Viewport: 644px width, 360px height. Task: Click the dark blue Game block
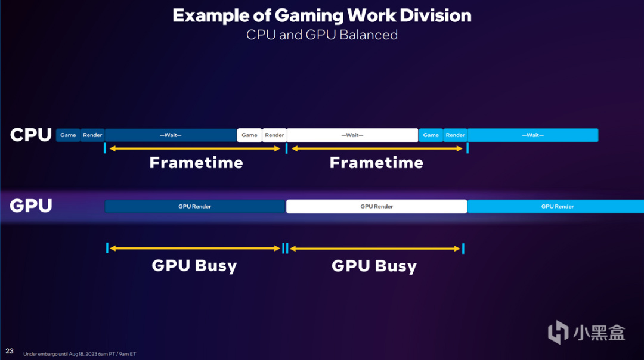coord(68,135)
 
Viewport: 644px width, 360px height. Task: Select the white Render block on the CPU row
coord(274,135)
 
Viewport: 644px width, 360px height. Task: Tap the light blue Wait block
coord(532,135)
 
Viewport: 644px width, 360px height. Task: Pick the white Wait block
coord(352,135)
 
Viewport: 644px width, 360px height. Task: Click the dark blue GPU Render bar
coord(195,206)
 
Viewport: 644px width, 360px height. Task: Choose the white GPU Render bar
coord(377,206)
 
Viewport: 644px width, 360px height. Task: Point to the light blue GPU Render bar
coord(556,206)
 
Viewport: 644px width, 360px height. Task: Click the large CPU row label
coord(31,135)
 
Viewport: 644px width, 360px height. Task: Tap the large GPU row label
coord(31,206)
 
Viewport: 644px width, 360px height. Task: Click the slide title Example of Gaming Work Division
coord(322,15)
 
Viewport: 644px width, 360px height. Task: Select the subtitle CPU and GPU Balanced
coord(322,35)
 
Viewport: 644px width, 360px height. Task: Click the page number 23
coord(10,351)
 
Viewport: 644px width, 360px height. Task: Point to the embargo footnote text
coord(80,354)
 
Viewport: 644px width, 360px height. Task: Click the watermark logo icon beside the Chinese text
coord(558,331)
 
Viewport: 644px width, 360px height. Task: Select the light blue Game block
coord(431,135)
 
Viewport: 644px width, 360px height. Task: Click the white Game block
coord(249,135)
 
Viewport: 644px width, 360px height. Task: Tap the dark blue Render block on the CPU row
coord(92,135)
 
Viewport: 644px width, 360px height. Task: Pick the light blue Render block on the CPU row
coord(456,135)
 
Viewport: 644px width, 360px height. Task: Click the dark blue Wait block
coord(171,135)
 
